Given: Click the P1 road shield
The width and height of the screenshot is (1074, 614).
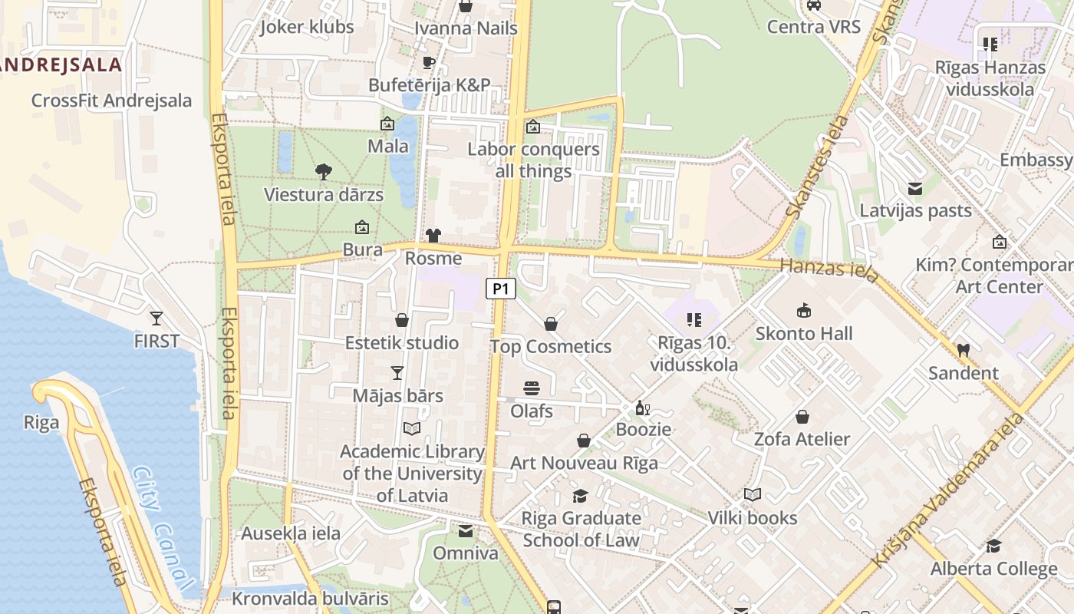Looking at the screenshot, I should point(500,289).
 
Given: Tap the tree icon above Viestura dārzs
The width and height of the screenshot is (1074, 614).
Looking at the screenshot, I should point(324,172).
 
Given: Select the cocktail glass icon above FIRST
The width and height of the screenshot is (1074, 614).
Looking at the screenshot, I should point(156,318).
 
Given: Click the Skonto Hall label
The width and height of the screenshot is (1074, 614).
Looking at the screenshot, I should point(803,334).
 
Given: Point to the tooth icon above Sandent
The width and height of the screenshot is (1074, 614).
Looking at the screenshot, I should point(964,350).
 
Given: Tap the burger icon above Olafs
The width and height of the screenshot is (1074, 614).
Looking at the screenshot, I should point(532,388).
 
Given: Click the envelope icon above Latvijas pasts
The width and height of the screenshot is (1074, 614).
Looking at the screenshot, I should point(914,188).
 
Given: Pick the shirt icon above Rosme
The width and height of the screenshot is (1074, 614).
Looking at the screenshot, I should point(433,235).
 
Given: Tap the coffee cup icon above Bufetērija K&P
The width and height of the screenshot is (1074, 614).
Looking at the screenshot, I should point(429,62).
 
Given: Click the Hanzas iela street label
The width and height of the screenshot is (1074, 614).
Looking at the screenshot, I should point(829,269).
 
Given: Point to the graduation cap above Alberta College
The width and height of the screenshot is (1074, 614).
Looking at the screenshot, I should point(993,546).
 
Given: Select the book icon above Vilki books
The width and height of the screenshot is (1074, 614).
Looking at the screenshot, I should point(752,495).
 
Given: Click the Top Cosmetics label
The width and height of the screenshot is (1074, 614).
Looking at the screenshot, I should point(551,347).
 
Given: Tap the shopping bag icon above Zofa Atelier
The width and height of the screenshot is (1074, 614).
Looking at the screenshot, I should point(802,417).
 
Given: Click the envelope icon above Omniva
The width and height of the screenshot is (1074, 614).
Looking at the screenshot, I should point(466,530).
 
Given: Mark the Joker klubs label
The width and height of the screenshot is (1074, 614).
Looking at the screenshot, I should point(307,27).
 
